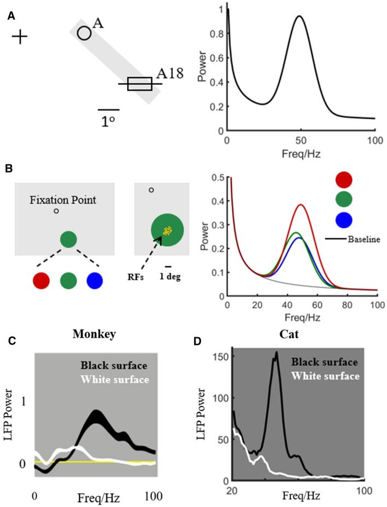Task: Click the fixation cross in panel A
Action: tap(20, 37)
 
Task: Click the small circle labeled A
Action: tap(84, 33)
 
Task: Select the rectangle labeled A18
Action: tap(139, 84)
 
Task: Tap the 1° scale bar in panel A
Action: tap(108, 110)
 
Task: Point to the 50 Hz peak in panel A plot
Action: tap(300, 16)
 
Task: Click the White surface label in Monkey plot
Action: tap(113, 378)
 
